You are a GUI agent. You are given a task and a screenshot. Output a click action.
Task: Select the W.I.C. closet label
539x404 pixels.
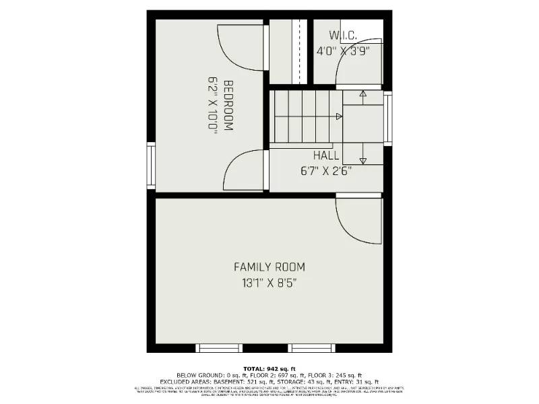(343, 35)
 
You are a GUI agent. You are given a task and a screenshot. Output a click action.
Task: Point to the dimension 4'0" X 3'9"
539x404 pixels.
(344, 50)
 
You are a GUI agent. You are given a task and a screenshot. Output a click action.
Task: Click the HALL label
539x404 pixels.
(326, 156)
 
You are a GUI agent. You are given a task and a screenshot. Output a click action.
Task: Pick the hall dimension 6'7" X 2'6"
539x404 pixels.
(326, 170)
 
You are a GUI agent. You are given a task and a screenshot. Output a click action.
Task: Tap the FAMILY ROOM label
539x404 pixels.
(269, 267)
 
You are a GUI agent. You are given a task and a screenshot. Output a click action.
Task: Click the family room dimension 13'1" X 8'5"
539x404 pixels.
(269, 283)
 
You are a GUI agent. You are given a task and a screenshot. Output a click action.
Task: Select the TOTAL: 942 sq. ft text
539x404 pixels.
(269, 369)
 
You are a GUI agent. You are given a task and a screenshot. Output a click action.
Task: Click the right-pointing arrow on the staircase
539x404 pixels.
(339, 116)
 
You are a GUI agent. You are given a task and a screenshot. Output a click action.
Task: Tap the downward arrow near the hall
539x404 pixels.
(362, 160)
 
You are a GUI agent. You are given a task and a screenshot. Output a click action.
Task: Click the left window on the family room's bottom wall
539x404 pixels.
(219, 347)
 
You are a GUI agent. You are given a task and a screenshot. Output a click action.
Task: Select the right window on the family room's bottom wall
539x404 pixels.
(311, 347)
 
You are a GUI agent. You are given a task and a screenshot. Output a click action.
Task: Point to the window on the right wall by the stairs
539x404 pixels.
(387, 118)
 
